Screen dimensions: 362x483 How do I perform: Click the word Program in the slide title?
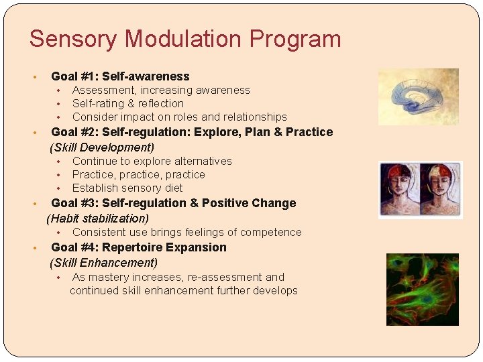pos(295,39)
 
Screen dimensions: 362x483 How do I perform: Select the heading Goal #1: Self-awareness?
pos(120,76)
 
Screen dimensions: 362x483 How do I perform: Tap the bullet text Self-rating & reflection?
pos(127,103)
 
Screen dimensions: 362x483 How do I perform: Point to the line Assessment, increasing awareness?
pos(161,90)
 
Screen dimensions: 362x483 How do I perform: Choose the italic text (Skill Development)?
pos(102,147)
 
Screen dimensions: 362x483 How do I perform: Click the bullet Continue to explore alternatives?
pos(152,161)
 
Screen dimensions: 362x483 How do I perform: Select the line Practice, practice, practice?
pos(138,174)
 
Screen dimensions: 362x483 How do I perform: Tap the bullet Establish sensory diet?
pos(127,188)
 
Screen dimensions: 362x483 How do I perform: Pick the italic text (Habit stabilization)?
pos(98,218)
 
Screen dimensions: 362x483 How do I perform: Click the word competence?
pos(271,232)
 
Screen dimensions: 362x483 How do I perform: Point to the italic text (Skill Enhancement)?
pos(103,262)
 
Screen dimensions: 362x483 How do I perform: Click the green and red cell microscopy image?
pos(422,289)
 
